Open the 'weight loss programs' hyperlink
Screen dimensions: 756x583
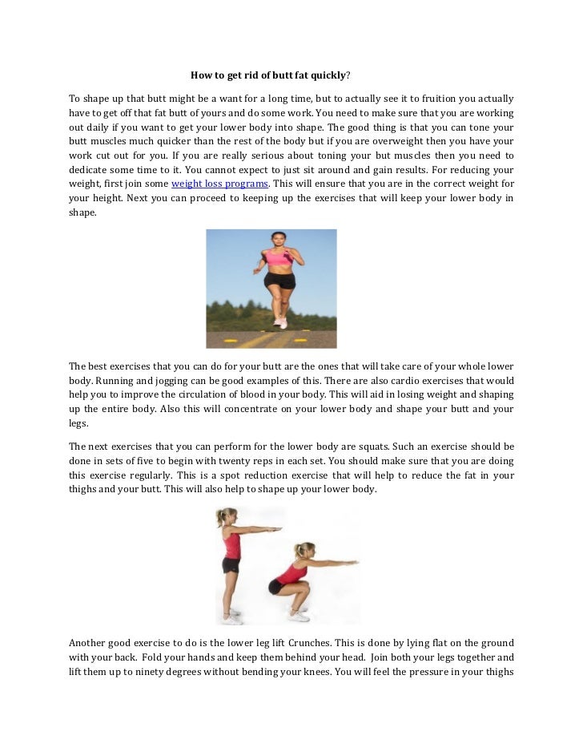[219, 184]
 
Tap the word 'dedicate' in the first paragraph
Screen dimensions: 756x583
[88, 170]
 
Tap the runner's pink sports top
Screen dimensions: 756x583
[278, 257]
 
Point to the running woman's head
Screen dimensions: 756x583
[278, 239]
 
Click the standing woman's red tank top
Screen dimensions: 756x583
[232, 545]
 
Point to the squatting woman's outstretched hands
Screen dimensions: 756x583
[352, 564]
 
